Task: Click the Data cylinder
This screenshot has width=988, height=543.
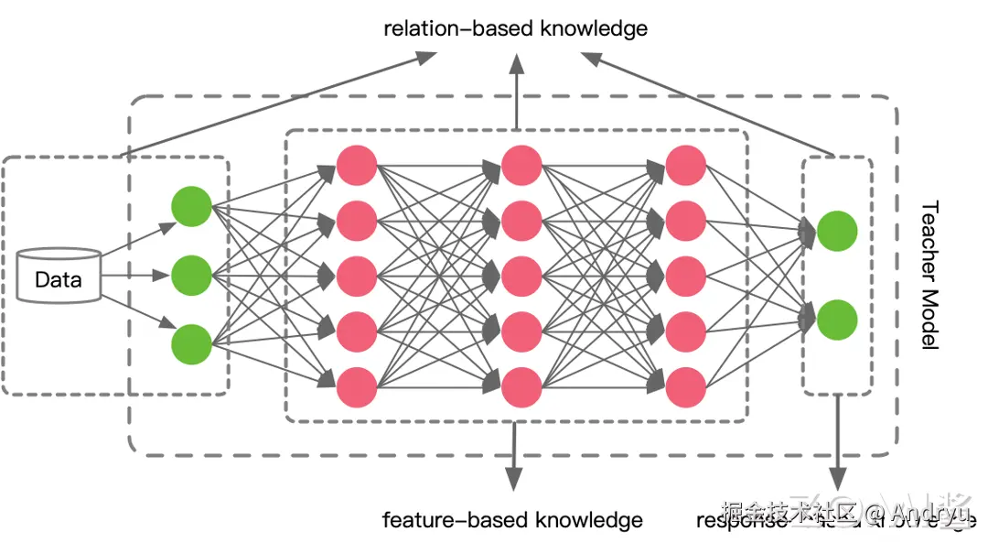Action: [59, 276]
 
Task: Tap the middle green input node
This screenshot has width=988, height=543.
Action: [191, 273]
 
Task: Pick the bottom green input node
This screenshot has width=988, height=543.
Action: [191, 342]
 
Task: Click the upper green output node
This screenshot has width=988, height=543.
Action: [837, 231]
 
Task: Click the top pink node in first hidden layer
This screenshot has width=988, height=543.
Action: [357, 165]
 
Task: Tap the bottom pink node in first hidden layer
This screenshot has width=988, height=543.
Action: [357, 386]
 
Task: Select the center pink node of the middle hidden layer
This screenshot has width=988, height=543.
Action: [521, 276]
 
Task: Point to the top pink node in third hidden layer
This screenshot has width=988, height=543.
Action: [686, 165]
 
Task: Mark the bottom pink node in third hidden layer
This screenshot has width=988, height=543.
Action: [686, 386]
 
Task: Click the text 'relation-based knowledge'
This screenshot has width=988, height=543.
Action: [515, 28]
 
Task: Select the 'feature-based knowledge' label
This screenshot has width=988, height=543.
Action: [512, 521]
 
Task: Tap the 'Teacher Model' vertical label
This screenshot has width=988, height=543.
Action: [929, 276]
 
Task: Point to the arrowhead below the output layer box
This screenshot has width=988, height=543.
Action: [837, 479]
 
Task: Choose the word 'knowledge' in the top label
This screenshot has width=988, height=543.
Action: [594, 28]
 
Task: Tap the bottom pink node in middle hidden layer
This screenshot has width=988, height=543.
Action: [521, 386]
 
